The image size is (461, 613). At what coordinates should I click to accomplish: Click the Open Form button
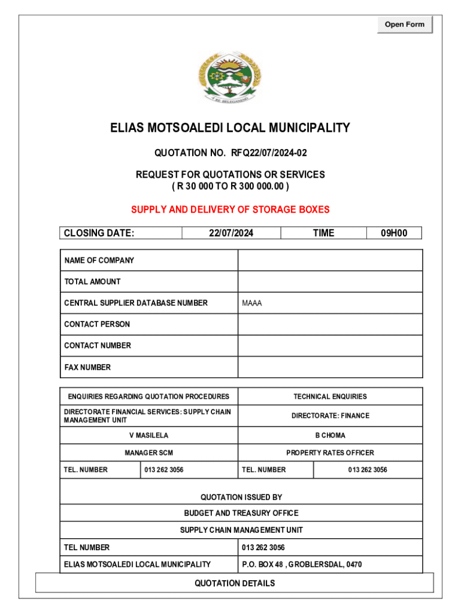pos(404,25)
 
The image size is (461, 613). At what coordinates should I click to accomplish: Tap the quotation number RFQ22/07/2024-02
pos(269,153)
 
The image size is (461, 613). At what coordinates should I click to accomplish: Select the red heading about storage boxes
pos(230,210)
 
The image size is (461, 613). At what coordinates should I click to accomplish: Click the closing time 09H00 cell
pos(394,233)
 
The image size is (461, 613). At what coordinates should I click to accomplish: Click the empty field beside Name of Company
pos(330,260)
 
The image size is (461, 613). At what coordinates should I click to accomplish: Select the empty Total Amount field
pos(330,281)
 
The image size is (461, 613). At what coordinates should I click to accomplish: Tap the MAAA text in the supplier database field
pos(252,304)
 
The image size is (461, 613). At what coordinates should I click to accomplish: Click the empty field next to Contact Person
pos(330,324)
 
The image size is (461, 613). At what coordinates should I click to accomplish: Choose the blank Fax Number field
pos(330,367)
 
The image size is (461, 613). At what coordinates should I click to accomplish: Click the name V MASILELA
pos(149,435)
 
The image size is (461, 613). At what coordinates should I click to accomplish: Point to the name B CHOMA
pos(330,435)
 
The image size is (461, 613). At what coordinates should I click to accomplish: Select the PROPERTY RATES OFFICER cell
pos(330,453)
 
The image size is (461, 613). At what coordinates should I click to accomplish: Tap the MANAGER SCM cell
pos(149,453)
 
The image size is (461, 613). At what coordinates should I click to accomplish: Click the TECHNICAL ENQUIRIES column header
pos(330,396)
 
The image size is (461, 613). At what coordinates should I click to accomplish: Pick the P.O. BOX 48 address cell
pos(302,565)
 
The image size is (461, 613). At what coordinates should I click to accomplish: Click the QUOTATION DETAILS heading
pos(235,583)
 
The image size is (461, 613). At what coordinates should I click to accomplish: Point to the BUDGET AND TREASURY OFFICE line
pos(241,513)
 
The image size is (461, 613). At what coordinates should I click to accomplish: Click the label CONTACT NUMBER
pos(98,345)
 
